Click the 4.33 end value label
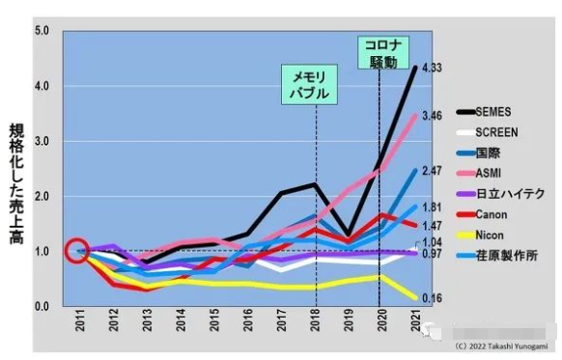(432, 69)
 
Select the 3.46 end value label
(432, 116)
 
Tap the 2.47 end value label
(432, 171)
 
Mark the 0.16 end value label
(432, 298)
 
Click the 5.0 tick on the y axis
(42, 31)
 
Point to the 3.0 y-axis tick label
(42, 141)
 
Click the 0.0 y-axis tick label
(42, 306)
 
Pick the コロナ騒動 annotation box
(382, 54)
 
